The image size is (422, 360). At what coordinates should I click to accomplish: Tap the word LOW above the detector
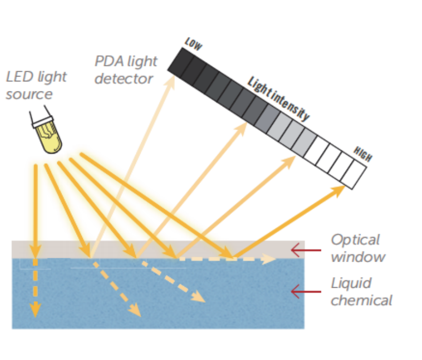coord(193,44)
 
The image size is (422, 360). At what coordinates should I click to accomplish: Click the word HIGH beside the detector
coord(363,154)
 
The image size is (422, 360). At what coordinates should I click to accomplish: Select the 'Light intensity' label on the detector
coord(278,99)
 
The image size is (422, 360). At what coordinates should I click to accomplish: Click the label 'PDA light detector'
coord(126,70)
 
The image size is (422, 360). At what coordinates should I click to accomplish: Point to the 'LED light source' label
coord(36,85)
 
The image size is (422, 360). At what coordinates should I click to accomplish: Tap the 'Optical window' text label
coord(358,248)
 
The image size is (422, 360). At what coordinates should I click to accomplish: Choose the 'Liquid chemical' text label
coord(362,292)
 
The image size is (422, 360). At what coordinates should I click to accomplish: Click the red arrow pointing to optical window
coord(306,250)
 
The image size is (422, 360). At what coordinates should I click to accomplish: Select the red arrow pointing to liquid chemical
coord(306,292)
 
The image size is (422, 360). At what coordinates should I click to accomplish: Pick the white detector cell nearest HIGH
coord(353,174)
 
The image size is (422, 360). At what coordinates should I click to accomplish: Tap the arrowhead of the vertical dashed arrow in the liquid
coord(35,310)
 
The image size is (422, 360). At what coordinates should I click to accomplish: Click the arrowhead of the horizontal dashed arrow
coord(268,259)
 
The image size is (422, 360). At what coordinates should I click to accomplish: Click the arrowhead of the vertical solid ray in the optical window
coord(35,251)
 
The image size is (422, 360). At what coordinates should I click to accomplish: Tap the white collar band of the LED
coord(43,122)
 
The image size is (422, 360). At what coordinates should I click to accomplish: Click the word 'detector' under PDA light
coord(124,79)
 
